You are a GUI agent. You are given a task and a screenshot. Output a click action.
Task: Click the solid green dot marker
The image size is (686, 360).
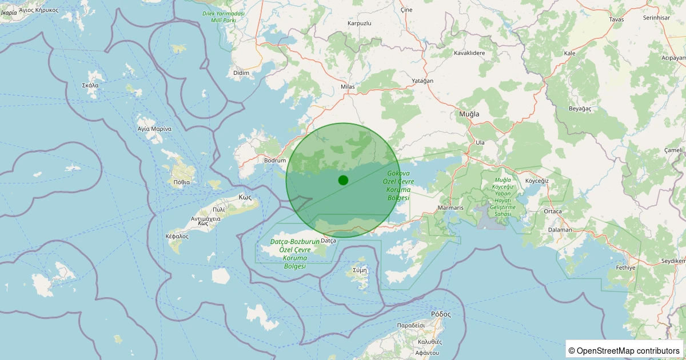343,180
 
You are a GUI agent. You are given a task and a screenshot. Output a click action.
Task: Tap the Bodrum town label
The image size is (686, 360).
275,161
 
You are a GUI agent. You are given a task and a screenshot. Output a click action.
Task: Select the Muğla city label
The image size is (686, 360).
469,114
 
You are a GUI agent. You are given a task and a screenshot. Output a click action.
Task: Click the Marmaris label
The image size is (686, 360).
450,207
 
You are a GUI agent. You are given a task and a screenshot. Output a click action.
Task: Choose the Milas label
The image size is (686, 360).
348,87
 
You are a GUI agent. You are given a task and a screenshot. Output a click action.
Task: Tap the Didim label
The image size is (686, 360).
242,73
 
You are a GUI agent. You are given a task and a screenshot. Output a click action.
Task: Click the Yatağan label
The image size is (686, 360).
422,81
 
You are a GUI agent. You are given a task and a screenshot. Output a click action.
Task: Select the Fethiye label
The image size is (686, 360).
625,267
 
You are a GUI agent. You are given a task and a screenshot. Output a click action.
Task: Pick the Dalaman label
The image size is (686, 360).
560,230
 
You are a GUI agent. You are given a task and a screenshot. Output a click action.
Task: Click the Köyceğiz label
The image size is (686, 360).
537,181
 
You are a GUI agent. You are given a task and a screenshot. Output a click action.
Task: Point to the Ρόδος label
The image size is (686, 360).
441,314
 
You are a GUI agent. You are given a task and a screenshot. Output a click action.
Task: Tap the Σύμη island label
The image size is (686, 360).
360,270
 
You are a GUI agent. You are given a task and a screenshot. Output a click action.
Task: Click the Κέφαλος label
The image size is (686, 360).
177,236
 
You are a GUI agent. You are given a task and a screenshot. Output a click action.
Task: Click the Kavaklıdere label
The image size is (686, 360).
469,53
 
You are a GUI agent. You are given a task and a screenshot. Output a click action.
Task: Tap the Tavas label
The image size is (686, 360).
616,19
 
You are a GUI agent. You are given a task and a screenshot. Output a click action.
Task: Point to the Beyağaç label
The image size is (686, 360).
580,108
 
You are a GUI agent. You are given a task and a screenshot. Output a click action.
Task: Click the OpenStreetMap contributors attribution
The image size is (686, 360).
625,350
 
